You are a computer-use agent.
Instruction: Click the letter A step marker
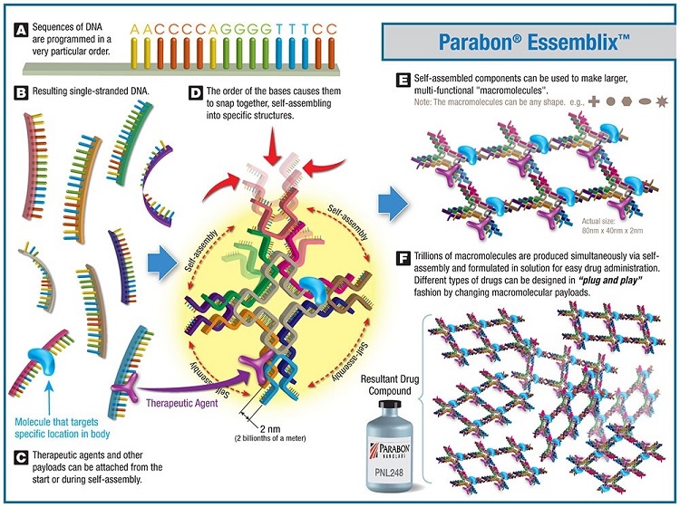[x=21, y=31]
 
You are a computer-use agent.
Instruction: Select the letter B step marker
[x=21, y=92]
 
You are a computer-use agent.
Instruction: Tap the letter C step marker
[x=21, y=457]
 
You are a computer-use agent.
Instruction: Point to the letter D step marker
[x=196, y=92]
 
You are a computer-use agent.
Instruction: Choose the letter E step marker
[x=403, y=80]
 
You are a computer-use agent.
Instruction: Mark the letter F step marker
[x=403, y=258]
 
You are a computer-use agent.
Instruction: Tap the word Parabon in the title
[x=481, y=43]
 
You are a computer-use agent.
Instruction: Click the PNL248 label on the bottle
[x=389, y=472]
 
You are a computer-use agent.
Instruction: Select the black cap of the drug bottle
[x=390, y=406]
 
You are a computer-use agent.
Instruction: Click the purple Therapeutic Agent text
[x=181, y=403]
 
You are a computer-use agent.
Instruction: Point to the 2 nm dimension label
[x=270, y=429]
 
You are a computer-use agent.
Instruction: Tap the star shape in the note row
[x=662, y=101]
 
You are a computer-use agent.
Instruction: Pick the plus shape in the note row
[x=594, y=101]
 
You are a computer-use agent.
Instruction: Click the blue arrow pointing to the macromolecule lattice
[x=393, y=204]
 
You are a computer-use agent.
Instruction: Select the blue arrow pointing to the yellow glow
[x=162, y=263]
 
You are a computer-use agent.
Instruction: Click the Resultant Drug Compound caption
[x=390, y=385]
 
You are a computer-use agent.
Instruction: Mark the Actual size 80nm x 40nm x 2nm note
[x=612, y=225]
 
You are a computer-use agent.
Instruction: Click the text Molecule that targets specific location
[x=62, y=427]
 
